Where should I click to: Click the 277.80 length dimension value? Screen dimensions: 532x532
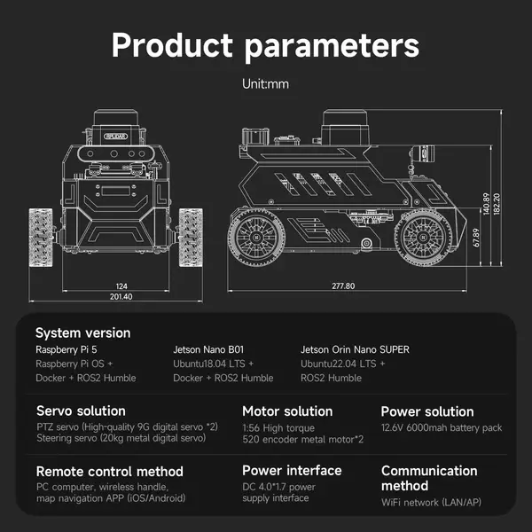tap(343, 286)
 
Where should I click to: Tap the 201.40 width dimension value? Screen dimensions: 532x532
tap(121, 296)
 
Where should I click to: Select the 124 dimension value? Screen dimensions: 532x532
tap(121, 286)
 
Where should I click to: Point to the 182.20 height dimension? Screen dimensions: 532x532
tap(497, 204)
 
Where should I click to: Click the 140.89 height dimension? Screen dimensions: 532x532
tap(486, 204)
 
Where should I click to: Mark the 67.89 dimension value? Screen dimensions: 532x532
tap(476, 238)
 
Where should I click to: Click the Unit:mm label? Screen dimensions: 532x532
tap(265, 84)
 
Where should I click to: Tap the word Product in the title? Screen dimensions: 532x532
tap(172, 45)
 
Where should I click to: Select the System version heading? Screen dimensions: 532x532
tap(83, 332)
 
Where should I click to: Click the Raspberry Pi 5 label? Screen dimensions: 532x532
tap(66, 349)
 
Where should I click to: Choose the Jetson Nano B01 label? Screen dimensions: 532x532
tap(208, 349)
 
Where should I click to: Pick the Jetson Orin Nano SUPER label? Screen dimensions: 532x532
tap(355, 349)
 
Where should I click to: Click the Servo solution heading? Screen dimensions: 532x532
tap(81, 411)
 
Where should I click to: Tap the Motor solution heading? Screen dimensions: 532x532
tap(287, 411)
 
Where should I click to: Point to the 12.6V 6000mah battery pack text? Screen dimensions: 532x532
tap(442, 427)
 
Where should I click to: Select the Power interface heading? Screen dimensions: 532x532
tap(292, 471)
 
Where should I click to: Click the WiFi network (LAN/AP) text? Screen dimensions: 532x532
tap(431, 502)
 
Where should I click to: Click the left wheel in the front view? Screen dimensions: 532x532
tap(41, 237)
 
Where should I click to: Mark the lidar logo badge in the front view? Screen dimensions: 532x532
tap(115, 137)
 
